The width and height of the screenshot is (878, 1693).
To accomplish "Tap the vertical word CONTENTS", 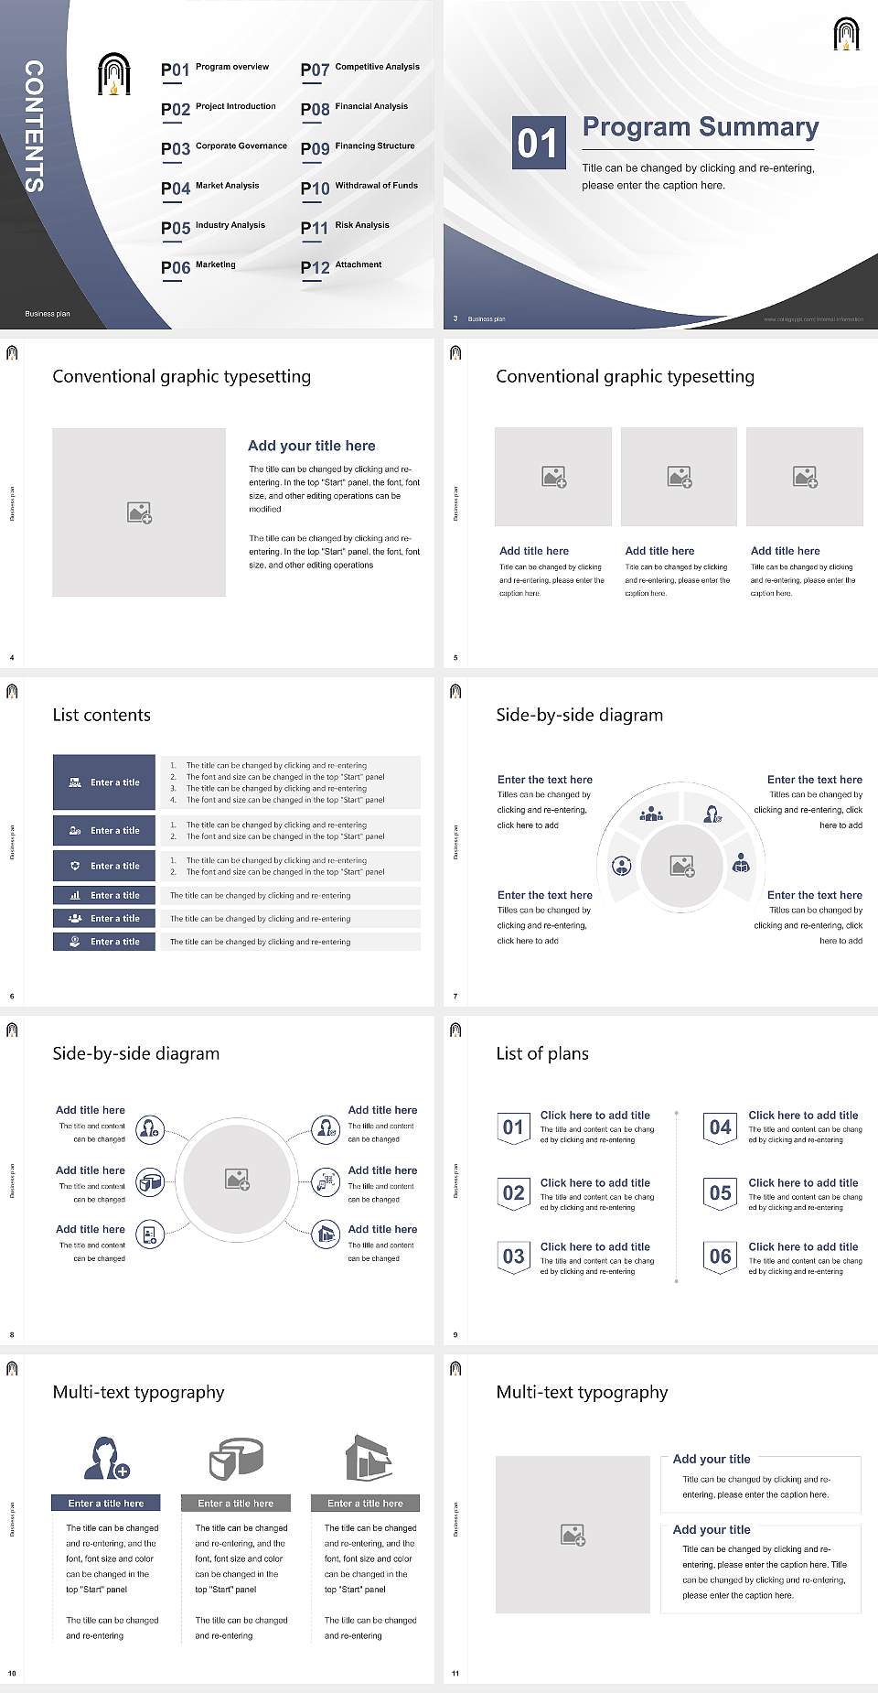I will (x=34, y=126).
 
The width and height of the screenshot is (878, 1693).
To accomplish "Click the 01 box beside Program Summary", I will (x=537, y=143).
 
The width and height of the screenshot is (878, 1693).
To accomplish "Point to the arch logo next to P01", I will (x=114, y=74).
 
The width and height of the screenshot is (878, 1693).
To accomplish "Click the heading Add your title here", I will (x=311, y=446).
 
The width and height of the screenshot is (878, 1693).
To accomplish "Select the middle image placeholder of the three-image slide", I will (x=679, y=477).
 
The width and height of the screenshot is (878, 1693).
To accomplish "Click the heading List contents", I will (x=102, y=715).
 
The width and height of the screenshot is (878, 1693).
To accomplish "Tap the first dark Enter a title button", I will (x=104, y=782).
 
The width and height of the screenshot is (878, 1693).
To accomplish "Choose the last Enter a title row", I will (x=104, y=942).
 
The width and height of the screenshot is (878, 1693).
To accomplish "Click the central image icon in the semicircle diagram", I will (x=682, y=866).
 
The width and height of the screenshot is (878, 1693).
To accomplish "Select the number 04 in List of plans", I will (x=721, y=1127).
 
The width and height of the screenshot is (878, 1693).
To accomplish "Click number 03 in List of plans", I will (x=514, y=1256).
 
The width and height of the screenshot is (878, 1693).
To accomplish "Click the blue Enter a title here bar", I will (x=106, y=1503).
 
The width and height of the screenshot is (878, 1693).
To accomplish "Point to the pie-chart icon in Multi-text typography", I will (x=236, y=1458).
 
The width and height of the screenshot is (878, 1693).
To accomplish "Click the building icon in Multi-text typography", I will (x=368, y=1458).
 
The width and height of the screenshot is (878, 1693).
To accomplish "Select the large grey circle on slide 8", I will (x=238, y=1179).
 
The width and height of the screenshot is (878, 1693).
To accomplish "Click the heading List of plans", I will (x=542, y=1053).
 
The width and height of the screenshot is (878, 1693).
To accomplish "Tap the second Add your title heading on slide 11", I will (x=712, y=1529).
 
